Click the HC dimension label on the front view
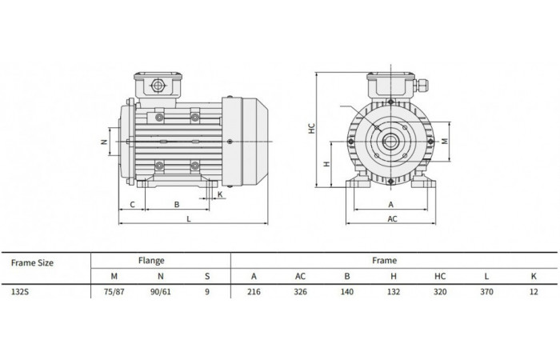pos(312,129)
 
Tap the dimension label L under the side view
pos(189,218)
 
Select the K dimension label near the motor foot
pos(220,194)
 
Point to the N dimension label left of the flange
pos(104,142)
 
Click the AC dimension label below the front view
pos(392,218)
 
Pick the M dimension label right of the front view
pos(445,142)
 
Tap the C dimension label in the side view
pos(132,205)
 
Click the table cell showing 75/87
pos(114,292)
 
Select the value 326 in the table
pos(300,292)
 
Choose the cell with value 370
pos(486,292)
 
